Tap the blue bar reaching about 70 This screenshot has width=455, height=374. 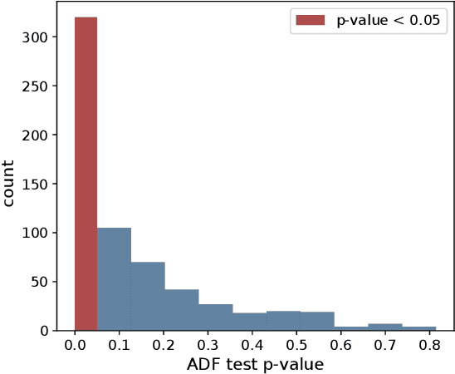click(x=148, y=296)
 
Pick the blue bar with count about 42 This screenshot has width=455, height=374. click(x=181, y=309)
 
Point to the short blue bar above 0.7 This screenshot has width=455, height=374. click(x=385, y=327)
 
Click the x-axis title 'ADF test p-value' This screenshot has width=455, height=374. click(x=254, y=363)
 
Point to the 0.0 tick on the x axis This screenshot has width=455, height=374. click(x=75, y=343)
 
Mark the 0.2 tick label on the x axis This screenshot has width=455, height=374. click(x=164, y=343)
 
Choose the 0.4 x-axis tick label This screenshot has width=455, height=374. click(x=252, y=343)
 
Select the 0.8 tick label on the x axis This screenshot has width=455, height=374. click(x=428, y=343)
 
